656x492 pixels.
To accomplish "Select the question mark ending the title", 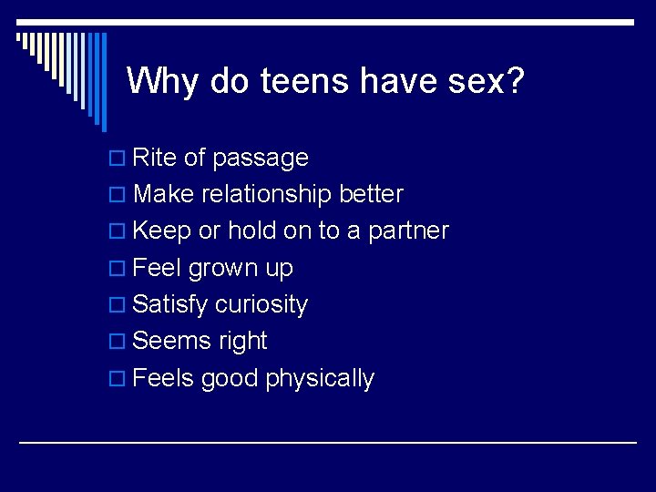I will tap(515, 82).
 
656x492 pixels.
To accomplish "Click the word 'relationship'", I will tap(266, 195).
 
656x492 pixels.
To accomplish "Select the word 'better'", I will tap(371, 195).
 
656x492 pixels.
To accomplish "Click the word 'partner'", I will tap(408, 231).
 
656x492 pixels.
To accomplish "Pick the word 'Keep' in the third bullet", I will tap(161, 231).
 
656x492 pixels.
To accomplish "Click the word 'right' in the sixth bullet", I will tap(243, 342).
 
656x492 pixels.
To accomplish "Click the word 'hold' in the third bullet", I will tap(251, 231).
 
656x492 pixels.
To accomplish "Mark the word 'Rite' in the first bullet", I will tap(154, 159).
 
